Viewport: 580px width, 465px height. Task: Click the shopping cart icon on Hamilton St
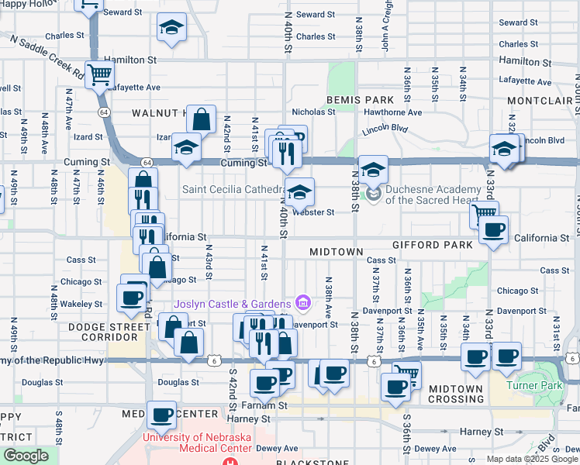(x=100, y=76)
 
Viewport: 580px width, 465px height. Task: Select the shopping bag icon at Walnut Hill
(x=201, y=120)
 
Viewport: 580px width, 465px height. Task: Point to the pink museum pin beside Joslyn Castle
(x=303, y=302)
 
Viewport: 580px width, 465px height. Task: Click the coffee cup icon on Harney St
(x=162, y=416)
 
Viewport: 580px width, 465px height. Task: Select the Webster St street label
(x=312, y=212)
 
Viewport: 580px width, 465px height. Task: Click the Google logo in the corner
(x=26, y=456)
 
